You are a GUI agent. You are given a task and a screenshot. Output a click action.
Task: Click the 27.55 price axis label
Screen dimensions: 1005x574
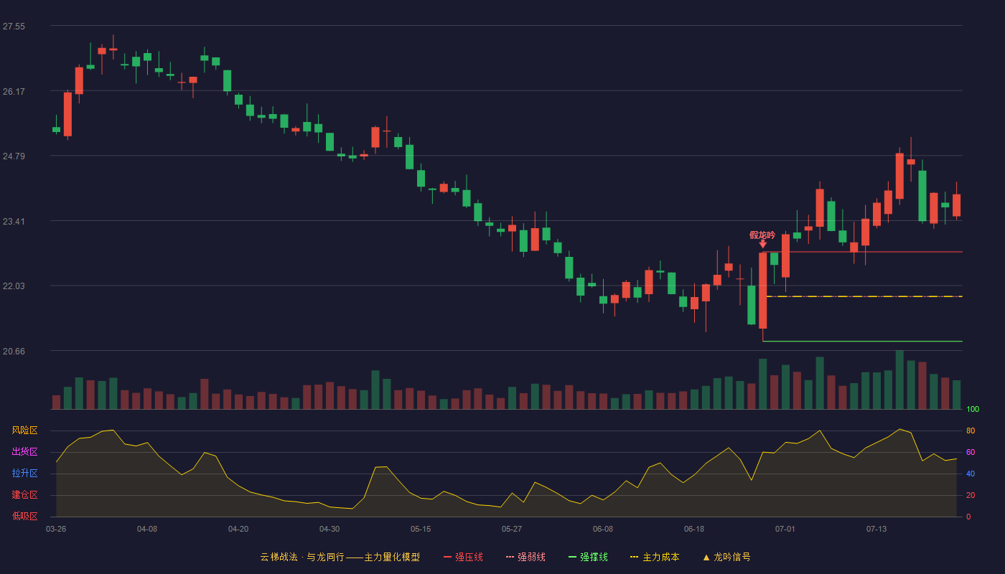pos(14,27)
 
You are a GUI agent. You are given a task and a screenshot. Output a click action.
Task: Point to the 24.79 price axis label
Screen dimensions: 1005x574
pos(14,156)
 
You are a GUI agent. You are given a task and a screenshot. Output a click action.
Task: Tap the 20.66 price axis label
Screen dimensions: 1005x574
pos(14,351)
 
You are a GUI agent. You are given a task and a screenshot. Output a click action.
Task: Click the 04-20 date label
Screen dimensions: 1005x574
pos(238,530)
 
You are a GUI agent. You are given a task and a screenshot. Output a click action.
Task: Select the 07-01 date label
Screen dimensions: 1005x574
pos(785,530)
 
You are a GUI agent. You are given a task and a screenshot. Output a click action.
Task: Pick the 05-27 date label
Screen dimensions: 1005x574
pos(511,530)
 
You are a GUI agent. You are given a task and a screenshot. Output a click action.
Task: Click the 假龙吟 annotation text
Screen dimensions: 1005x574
pos(762,235)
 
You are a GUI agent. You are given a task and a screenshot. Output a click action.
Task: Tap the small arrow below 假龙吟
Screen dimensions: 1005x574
pos(762,244)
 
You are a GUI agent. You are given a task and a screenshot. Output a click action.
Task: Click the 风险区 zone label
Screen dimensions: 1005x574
pos(24,430)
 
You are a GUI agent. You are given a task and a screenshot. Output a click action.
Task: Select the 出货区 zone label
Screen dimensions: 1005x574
pos(24,451)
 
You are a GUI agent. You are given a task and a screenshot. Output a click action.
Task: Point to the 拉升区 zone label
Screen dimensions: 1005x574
pos(24,473)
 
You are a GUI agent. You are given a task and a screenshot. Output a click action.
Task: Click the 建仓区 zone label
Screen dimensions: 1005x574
pos(24,494)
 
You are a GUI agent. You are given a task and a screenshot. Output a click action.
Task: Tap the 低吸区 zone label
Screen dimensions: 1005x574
pos(24,516)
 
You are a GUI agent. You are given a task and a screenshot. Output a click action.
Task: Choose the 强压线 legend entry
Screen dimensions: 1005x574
pos(464,557)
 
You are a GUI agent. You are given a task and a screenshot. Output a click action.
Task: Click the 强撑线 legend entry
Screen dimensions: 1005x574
pos(588,557)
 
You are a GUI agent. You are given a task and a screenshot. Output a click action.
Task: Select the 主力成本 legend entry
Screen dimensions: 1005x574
pos(655,557)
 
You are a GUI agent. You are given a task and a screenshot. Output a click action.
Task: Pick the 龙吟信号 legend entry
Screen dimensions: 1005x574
pos(726,557)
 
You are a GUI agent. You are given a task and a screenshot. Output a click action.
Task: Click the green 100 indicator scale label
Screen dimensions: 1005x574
pos(973,409)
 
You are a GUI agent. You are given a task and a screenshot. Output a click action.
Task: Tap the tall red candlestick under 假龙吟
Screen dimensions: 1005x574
pos(762,291)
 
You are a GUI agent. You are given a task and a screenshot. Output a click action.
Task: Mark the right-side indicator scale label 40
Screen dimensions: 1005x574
pos(971,474)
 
